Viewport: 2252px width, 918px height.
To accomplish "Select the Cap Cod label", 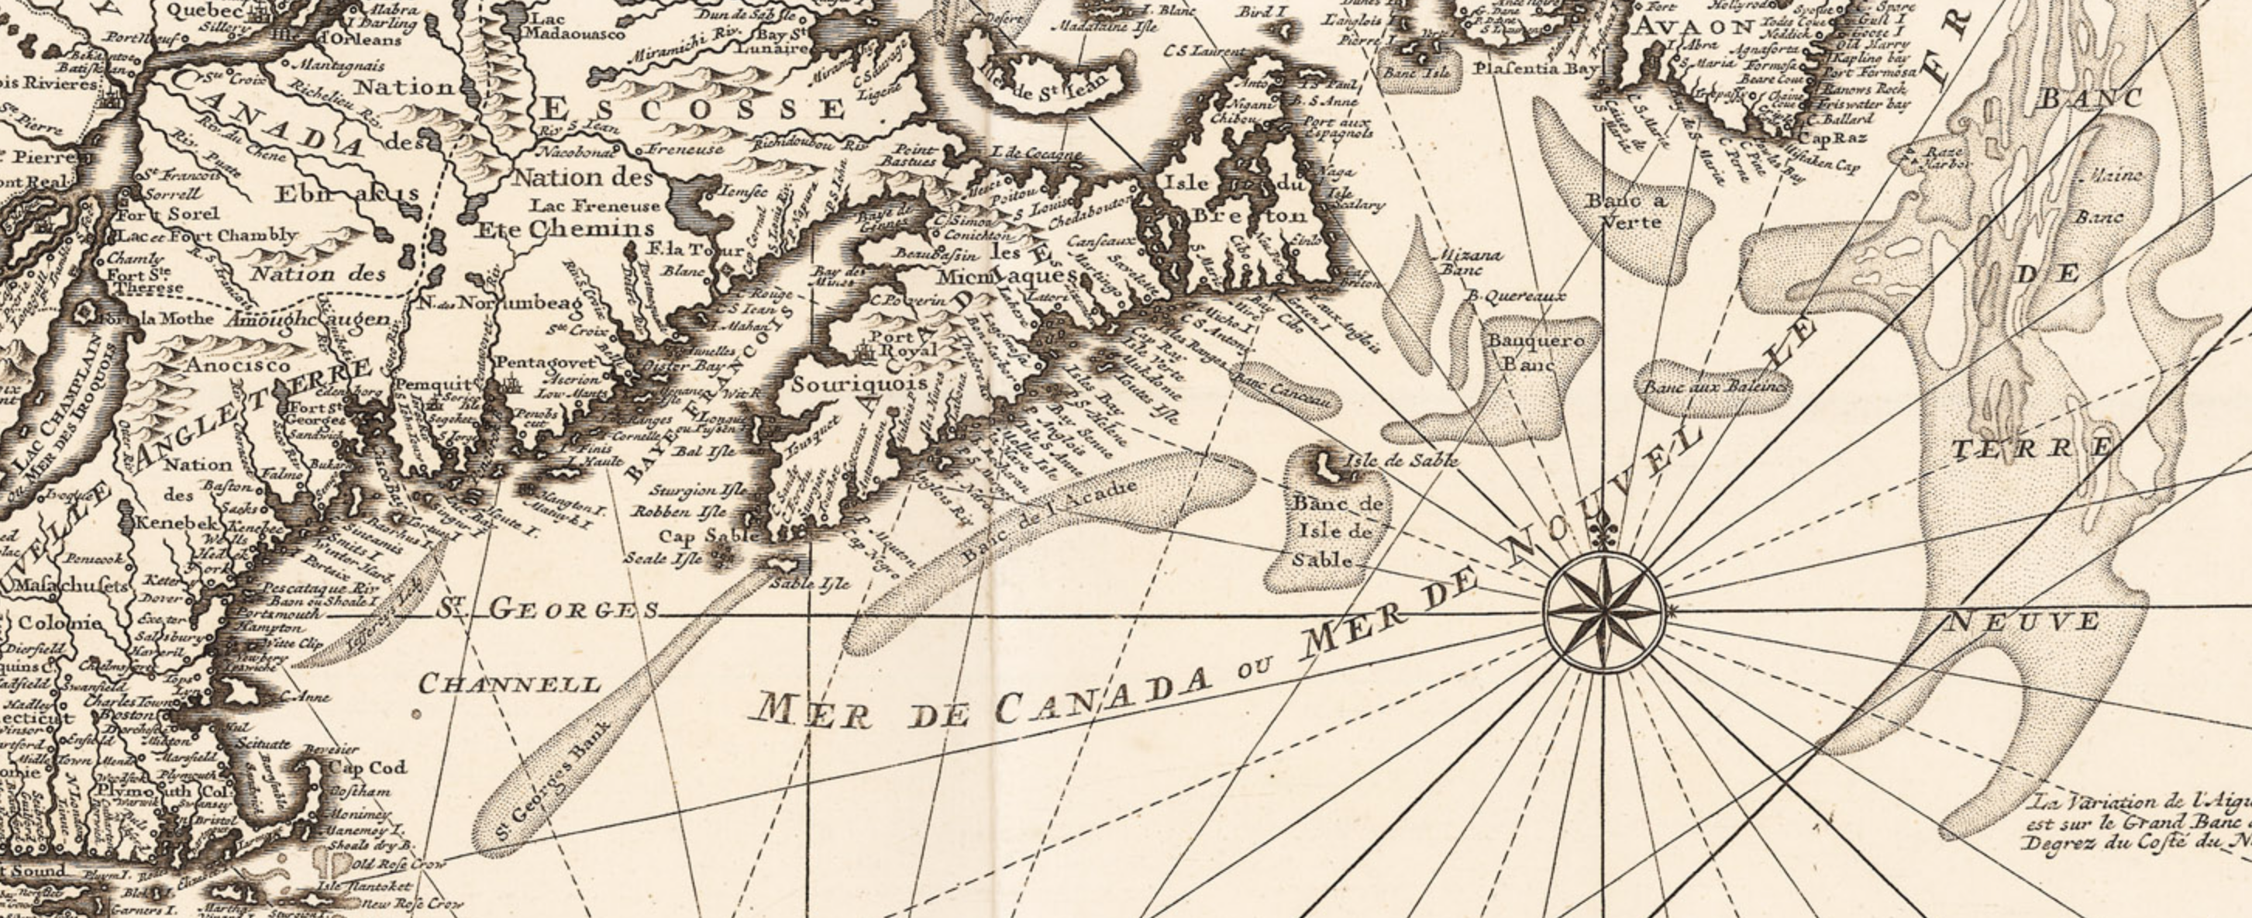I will [x=367, y=768].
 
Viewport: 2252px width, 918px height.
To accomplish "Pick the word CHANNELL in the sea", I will [x=511, y=685].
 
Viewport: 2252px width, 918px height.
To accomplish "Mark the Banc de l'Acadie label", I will [x=1050, y=520].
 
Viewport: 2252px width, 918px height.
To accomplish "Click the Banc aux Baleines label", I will [x=1714, y=388].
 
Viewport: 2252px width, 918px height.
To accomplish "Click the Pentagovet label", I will [x=532, y=363].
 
